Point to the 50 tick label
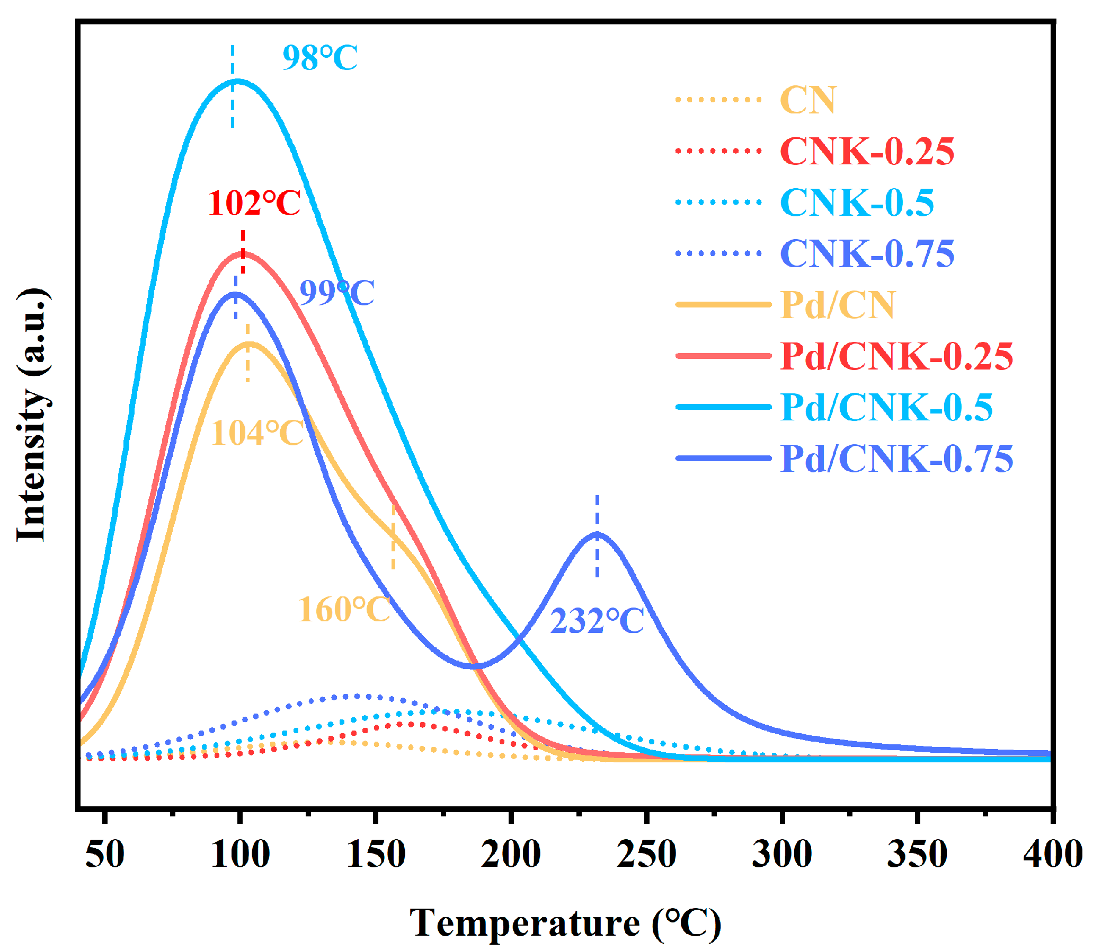pos(105,855)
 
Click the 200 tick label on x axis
pos(511,855)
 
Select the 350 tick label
pos(917,855)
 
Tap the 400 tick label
pos(1052,855)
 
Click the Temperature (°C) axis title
pos(565,923)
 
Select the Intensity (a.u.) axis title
pos(33,415)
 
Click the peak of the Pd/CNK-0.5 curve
pos(236,81)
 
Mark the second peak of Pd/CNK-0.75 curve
pos(597,534)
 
